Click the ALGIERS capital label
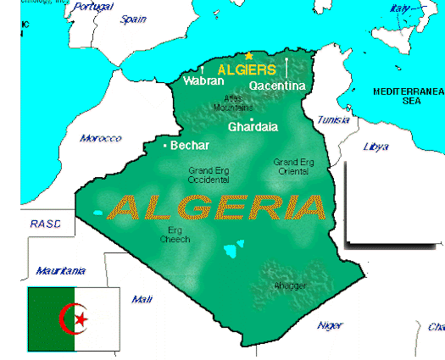pyautogui.click(x=247, y=69)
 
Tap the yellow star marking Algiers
pyautogui.click(x=248, y=56)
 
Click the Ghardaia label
pyautogui.click(x=253, y=128)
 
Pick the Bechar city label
pyautogui.click(x=190, y=146)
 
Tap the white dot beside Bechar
pyautogui.click(x=165, y=147)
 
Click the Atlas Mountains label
pyautogui.click(x=233, y=103)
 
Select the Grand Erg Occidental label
pyautogui.click(x=209, y=175)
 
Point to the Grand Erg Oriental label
pyautogui.click(x=293, y=166)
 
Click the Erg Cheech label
pyautogui.click(x=175, y=235)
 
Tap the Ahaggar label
pyautogui.click(x=290, y=285)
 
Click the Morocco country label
pyautogui.click(x=100, y=138)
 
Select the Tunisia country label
pyautogui.click(x=332, y=120)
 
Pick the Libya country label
pyautogui.click(x=375, y=147)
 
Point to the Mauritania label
pyautogui.click(x=60, y=271)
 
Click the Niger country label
pyautogui.click(x=330, y=325)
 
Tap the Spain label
pyautogui.click(x=133, y=19)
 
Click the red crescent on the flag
pyautogui.click(x=71, y=318)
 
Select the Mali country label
pyautogui.click(x=142, y=299)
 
